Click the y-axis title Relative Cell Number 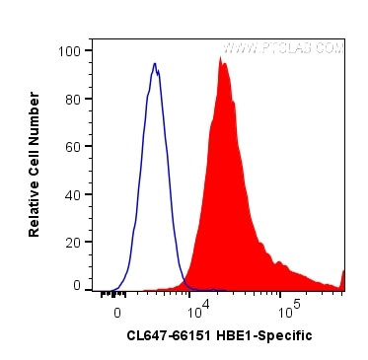coord(35,164)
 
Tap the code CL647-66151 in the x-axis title coord(167,335)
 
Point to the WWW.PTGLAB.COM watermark coord(284,46)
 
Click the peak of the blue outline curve coord(155,65)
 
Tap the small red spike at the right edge coord(342,276)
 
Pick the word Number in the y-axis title coord(35,116)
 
